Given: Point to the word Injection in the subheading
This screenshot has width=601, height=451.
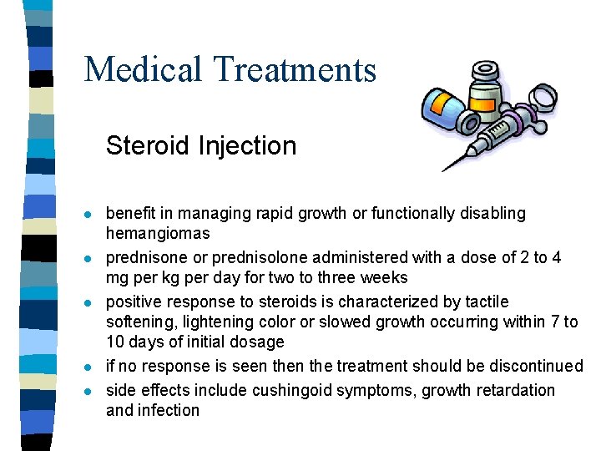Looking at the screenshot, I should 248,146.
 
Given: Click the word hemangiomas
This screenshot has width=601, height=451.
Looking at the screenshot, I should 158,234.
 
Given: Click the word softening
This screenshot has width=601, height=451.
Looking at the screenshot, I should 138,322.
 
